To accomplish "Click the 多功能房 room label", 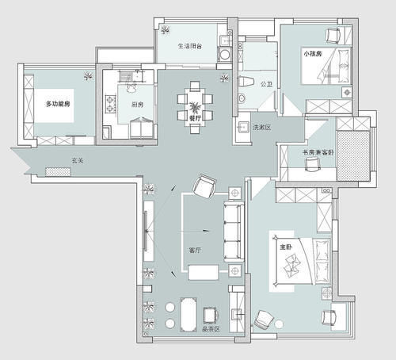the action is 58,104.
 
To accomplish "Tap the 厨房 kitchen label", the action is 137,105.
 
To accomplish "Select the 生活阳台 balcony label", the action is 190,46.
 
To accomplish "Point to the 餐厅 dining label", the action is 195,118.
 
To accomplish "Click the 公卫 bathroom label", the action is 266,84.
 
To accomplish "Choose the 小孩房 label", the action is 313,54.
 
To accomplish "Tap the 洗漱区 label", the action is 262,128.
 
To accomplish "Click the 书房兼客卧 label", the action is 318,152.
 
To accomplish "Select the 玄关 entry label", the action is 78,160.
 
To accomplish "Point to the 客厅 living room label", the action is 195,250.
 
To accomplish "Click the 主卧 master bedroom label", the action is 286,247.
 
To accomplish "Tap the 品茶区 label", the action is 211,329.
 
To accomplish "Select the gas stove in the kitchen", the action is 111,103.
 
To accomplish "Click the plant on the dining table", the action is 195,108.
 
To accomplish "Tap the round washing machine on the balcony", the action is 225,55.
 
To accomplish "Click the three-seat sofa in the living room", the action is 234,232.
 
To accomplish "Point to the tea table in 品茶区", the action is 188,315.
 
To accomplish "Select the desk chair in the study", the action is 312,164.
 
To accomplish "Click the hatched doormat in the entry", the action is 58,171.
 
